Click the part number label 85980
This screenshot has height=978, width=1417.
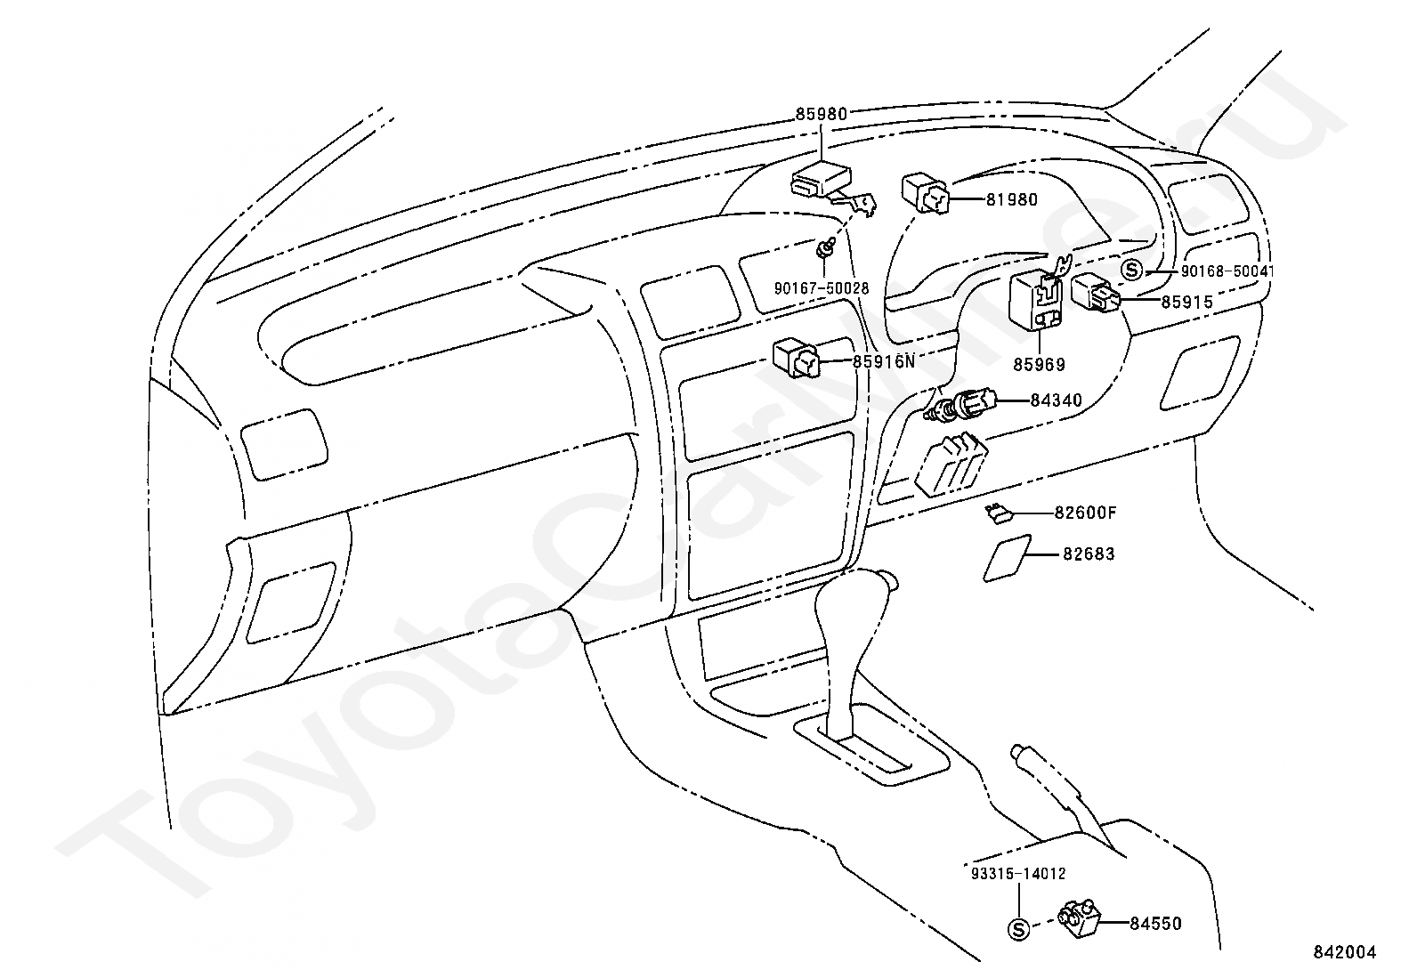tap(821, 114)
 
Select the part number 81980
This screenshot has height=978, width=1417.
tap(1011, 200)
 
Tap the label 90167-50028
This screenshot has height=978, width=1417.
tap(821, 288)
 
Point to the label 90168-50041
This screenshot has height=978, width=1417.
tap(1215, 271)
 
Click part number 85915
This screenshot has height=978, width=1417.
tap(1186, 303)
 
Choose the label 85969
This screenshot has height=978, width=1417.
tap(1039, 364)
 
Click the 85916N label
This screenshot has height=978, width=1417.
tap(883, 361)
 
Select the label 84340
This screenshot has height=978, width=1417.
tap(1056, 400)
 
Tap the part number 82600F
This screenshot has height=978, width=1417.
tap(1085, 513)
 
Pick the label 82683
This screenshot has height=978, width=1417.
tap(1089, 554)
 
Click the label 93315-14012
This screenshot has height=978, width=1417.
tap(1019, 874)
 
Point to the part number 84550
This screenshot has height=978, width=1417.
tap(1156, 924)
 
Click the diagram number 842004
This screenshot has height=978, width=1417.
tap(1344, 953)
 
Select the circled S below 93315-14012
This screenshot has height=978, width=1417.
tap(1019, 930)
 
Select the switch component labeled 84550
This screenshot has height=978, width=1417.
tap(1079, 920)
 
